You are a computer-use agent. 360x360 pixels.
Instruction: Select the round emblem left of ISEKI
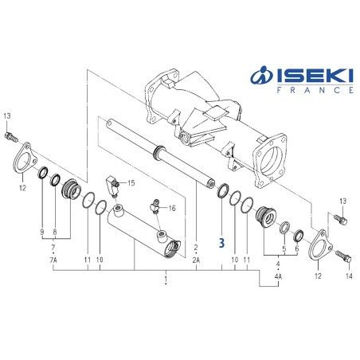[261, 76]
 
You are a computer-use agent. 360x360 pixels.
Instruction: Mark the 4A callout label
[278, 276]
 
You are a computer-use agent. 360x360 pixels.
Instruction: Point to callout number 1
[164, 280]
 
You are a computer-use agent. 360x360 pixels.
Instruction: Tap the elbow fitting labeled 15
[115, 186]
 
